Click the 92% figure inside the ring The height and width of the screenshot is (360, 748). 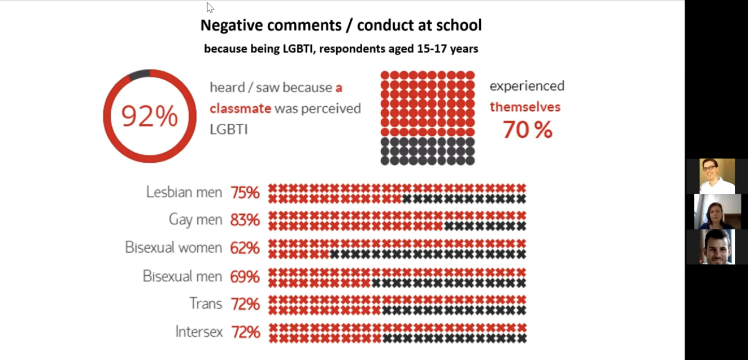click(149, 116)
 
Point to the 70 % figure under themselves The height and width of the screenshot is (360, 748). click(527, 130)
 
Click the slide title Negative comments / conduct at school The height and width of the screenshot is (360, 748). click(341, 25)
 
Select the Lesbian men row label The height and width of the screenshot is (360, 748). click(184, 192)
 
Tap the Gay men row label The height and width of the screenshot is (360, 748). click(195, 219)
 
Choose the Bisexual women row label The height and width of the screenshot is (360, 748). click(173, 248)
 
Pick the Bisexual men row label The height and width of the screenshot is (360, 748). click(182, 276)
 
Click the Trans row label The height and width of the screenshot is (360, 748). click(206, 303)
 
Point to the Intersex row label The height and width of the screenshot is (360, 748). click(199, 331)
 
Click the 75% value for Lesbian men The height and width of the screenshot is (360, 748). click(245, 193)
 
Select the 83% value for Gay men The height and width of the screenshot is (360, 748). click(245, 220)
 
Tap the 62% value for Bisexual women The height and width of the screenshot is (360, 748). click(245, 248)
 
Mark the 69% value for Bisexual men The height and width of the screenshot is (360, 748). click(245, 277)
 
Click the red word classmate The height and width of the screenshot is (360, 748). click(241, 109)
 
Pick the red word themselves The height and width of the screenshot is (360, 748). click(525, 107)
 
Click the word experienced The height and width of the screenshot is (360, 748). click(527, 86)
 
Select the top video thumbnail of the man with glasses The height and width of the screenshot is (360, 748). click(717, 176)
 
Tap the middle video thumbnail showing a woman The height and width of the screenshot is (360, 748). click(717, 211)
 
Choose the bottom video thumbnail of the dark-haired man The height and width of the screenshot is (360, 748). click(717, 247)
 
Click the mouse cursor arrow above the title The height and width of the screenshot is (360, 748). click(210, 7)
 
